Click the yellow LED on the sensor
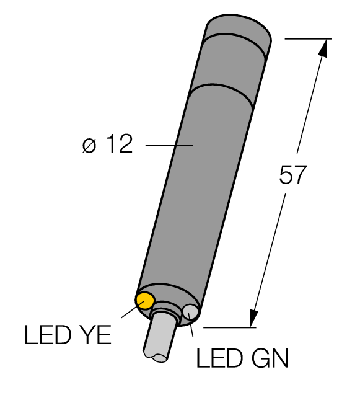[x=145, y=301]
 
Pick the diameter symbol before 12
[x=89, y=146]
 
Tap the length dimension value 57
[x=292, y=175]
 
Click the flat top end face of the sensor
[x=239, y=27]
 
